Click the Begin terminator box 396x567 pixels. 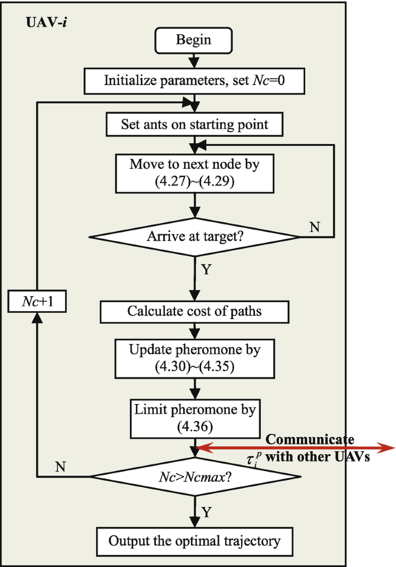[194, 40]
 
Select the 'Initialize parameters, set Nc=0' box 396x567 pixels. [194, 80]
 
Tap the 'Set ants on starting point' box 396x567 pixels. [194, 124]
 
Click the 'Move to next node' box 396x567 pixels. [194, 174]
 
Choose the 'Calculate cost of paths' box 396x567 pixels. [194, 311]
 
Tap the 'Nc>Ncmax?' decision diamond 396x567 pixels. [194, 476]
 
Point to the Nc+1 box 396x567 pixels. [37, 301]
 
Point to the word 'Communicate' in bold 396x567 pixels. [310, 439]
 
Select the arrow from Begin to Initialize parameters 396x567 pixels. [194, 61]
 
